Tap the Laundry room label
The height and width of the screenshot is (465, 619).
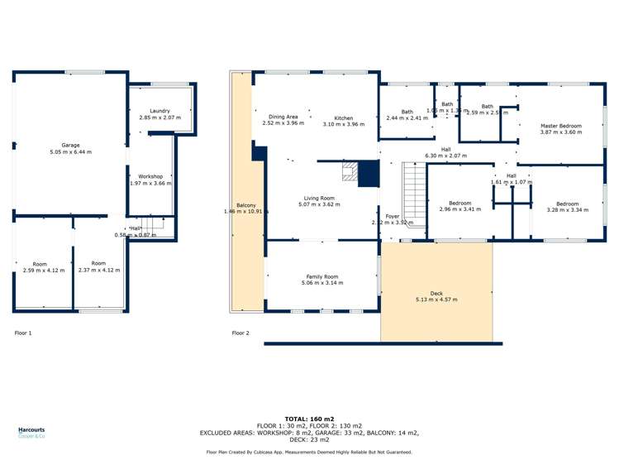[160, 111]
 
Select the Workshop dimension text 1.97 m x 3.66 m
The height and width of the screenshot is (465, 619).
[150, 184]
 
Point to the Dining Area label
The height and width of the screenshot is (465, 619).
[283, 117]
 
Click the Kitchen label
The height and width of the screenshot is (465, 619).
[344, 117]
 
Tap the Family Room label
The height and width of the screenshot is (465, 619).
[321, 276]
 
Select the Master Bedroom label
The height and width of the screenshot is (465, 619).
[560, 126]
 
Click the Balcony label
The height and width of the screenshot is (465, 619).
[245, 205]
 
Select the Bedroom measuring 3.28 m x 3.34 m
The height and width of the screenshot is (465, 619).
[567, 204]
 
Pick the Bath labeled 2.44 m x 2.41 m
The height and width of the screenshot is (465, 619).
[407, 112]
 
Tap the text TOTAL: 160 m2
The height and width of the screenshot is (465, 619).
[309, 419]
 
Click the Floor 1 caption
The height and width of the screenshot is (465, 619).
[23, 333]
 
